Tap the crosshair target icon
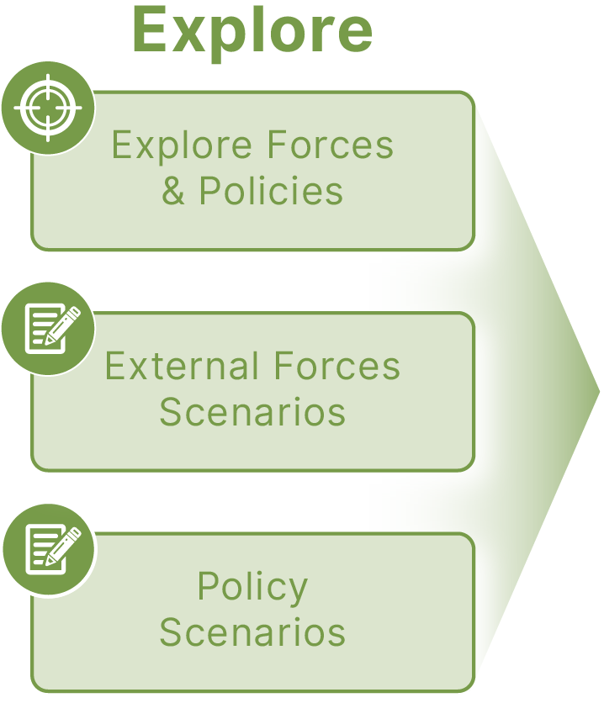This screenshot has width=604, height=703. click(49, 108)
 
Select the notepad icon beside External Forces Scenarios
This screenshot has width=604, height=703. click(52, 329)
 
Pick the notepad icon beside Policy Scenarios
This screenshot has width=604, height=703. click(53, 549)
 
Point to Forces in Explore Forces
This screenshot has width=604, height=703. click(331, 145)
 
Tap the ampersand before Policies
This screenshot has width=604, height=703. click(173, 191)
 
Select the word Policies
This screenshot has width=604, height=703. click(271, 191)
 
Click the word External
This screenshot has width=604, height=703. click(182, 366)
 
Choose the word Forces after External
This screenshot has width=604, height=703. click(336, 366)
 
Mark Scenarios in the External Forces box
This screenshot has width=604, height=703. click(252, 411)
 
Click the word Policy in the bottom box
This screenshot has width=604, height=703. click(252, 588)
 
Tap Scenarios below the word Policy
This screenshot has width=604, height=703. click(252, 632)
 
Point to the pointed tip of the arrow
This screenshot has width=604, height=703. click(599, 392)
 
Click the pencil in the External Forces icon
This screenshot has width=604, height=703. click(63, 325)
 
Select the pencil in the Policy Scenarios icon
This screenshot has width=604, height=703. click(64, 546)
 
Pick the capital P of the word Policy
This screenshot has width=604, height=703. click(209, 585)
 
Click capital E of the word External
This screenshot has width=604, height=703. click(115, 366)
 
